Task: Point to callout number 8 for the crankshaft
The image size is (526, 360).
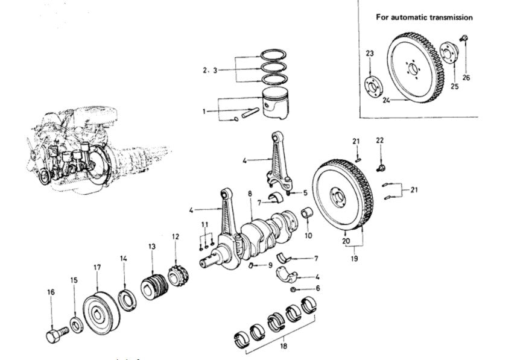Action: tap(249, 194)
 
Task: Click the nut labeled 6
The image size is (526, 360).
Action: tap(294, 289)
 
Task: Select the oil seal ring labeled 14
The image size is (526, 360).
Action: tap(127, 300)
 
